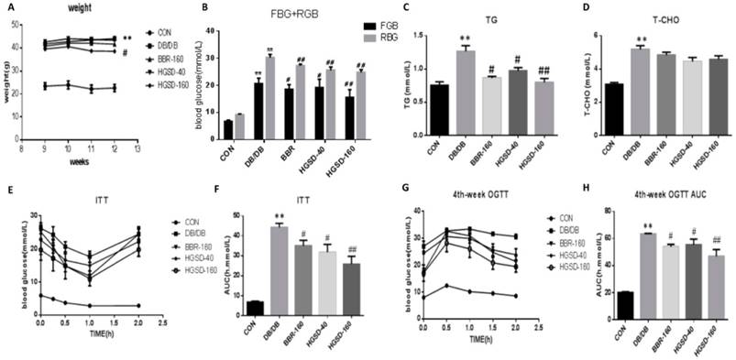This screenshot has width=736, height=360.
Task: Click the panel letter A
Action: pos(10,7)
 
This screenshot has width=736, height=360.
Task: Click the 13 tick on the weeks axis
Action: pos(138,147)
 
